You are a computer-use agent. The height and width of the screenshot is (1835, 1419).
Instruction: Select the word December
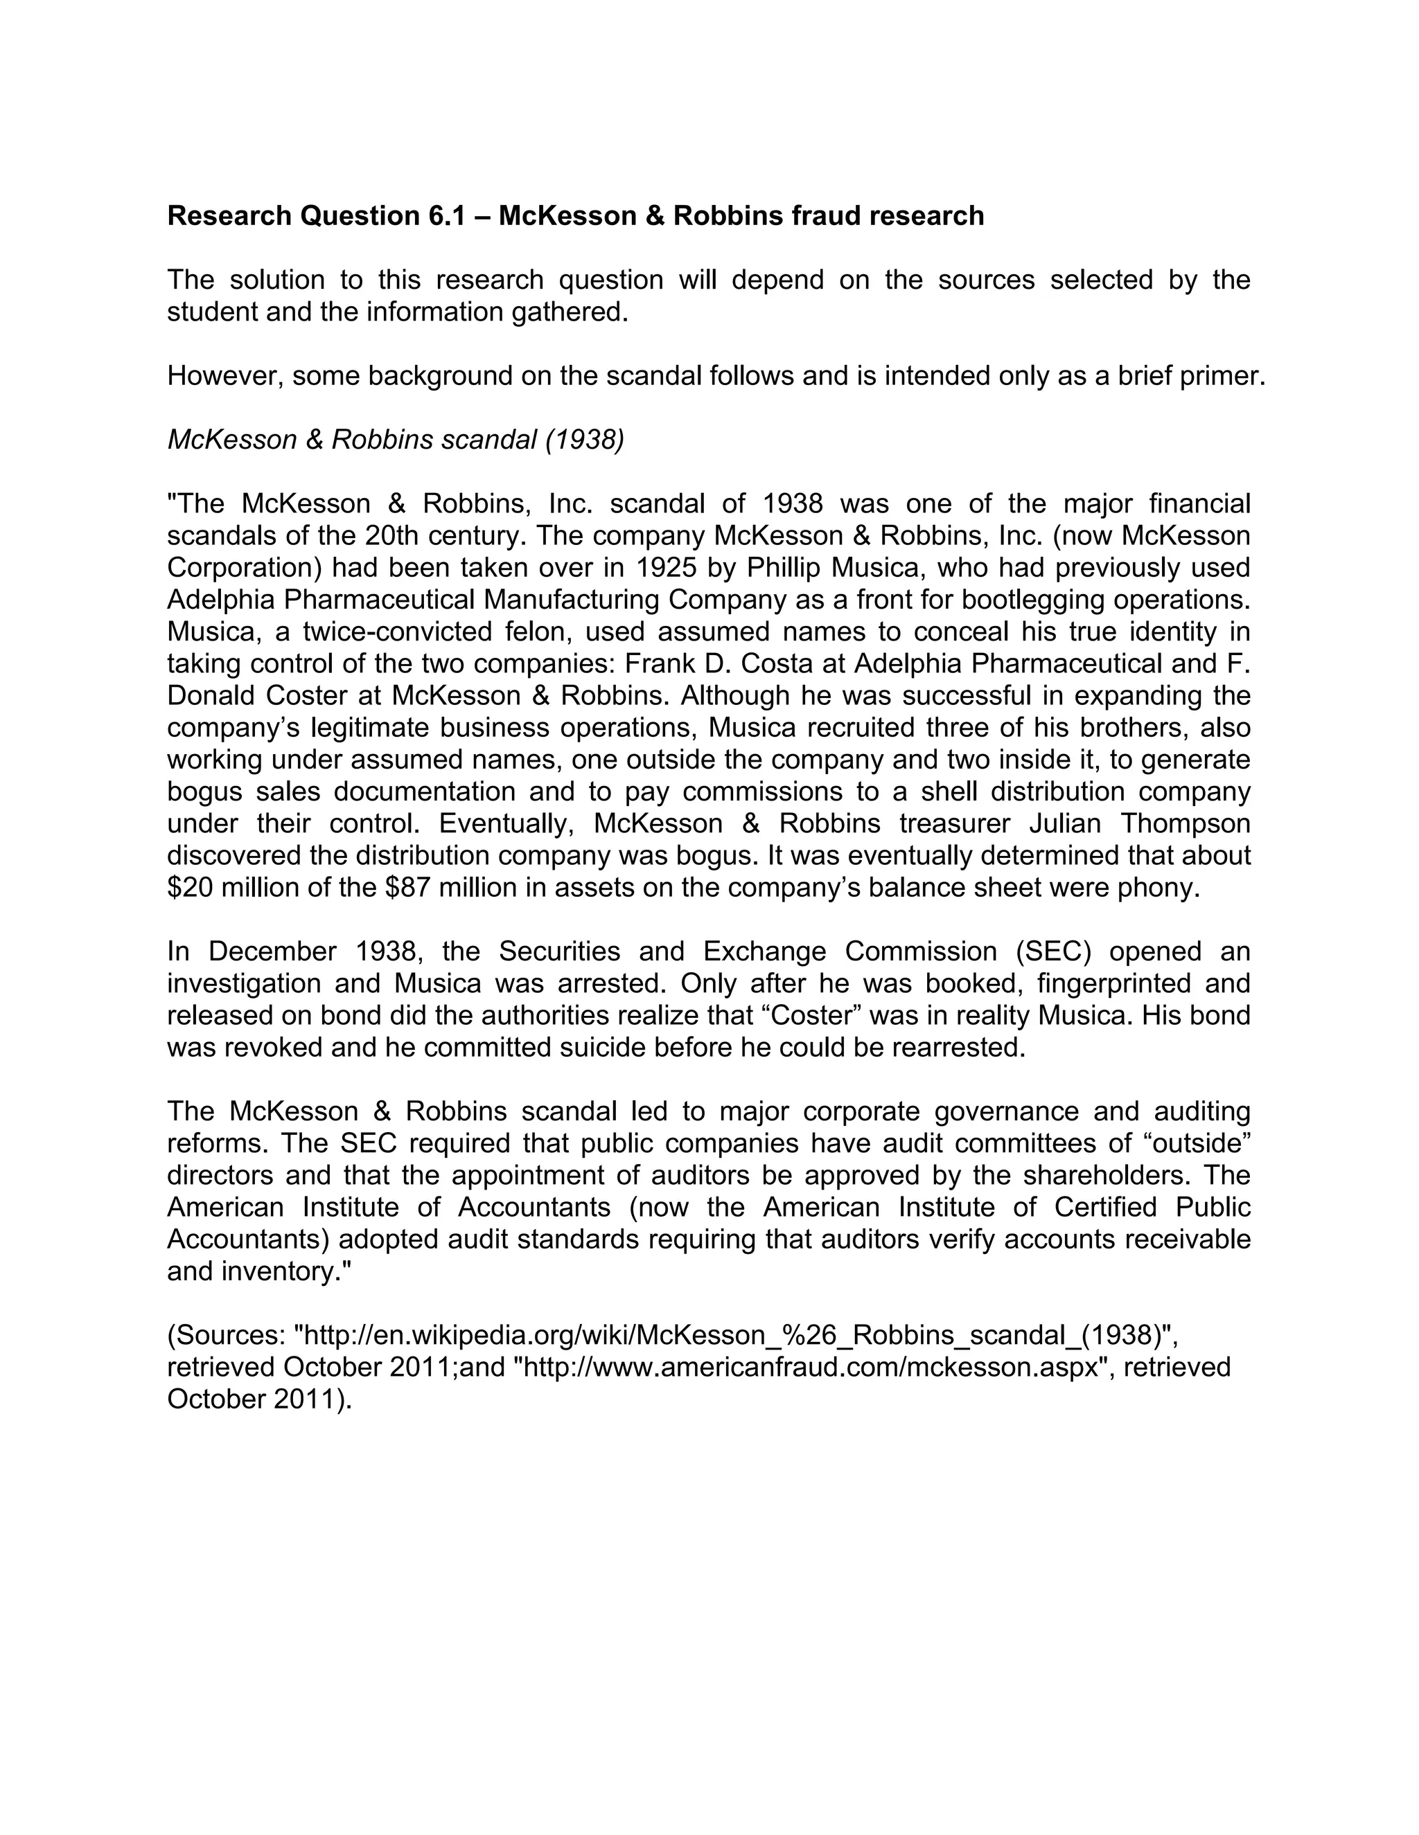click(x=272, y=951)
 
